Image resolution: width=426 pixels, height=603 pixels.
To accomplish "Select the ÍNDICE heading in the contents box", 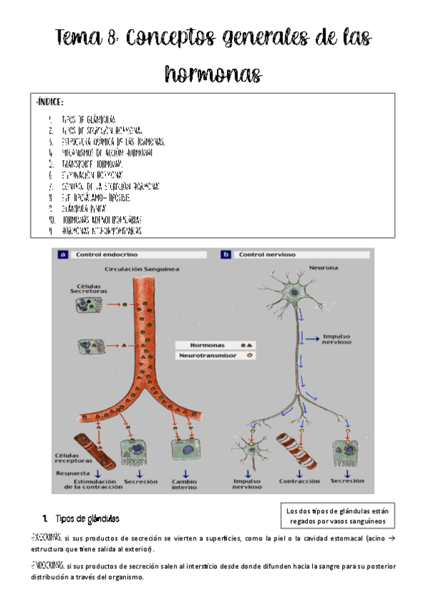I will tap(49, 103).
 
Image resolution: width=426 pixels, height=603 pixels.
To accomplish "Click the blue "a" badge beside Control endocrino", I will tap(63, 254).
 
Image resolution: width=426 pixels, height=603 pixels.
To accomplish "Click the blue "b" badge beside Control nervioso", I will tap(226, 254).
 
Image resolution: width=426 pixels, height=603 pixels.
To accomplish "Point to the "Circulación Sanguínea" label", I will tap(142, 270).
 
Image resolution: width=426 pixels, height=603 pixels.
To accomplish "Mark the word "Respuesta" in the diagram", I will tap(73, 471).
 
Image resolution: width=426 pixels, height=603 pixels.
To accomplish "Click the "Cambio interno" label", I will tap(185, 484).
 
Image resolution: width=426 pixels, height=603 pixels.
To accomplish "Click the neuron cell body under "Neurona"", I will tap(292, 294).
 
